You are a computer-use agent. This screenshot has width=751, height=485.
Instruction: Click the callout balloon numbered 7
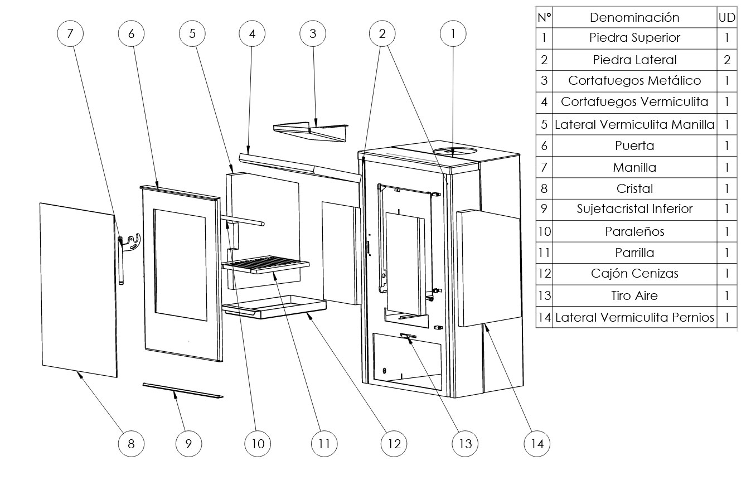70,33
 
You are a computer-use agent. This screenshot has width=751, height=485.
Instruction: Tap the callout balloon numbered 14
537,444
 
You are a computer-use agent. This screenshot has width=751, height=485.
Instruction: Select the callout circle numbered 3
312,33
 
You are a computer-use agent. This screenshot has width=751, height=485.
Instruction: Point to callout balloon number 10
258,444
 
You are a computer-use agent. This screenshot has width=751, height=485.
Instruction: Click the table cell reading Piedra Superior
634,38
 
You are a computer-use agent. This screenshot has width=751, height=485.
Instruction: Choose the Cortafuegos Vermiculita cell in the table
634,102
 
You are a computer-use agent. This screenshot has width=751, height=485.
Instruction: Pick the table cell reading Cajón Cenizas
634,274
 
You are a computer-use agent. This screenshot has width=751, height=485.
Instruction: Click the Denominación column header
634,17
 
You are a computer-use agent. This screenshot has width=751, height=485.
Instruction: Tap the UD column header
727,17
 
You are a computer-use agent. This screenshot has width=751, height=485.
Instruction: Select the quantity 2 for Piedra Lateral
727,60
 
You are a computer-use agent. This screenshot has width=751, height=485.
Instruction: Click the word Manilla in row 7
634,167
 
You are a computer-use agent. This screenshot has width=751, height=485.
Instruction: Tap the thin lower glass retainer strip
182,390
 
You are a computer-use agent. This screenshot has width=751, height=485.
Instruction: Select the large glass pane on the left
79,290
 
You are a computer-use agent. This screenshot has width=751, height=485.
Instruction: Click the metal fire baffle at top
312,132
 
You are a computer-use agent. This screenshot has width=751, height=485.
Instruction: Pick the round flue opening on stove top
454,152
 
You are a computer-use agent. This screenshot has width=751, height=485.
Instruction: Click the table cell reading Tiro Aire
634,295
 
